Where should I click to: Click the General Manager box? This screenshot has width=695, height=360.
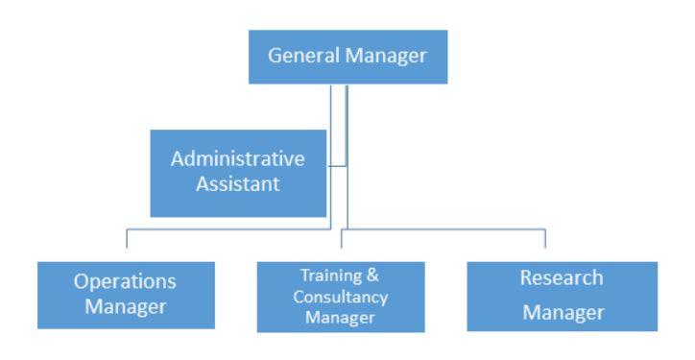click(x=347, y=57)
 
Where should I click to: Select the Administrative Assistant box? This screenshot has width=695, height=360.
click(x=238, y=174)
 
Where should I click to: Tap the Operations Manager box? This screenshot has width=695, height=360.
click(x=127, y=296)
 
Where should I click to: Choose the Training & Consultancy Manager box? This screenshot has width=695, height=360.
click(x=341, y=297)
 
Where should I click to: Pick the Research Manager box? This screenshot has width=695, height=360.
click(x=563, y=296)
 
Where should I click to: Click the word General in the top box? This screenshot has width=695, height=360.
click(x=304, y=56)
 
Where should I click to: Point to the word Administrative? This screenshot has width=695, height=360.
click(x=238, y=158)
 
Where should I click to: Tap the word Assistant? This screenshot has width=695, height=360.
click(x=238, y=183)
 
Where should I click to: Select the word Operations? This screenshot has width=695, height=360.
click(x=125, y=282)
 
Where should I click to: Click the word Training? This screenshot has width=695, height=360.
click(x=332, y=276)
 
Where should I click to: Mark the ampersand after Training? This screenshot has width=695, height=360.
click(x=372, y=275)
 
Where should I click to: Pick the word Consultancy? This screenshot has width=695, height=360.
click(x=341, y=298)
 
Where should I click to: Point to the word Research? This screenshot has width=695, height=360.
click(x=562, y=278)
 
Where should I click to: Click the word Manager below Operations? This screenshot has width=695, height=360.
click(x=126, y=307)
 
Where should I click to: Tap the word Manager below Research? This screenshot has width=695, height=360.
click(x=563, y=313)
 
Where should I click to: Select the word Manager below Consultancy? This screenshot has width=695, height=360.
click(x=341, y=318)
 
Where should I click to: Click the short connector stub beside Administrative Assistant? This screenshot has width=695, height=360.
click(x=337, y=166)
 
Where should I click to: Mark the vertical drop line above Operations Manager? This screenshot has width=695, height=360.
click(x=127, y=238)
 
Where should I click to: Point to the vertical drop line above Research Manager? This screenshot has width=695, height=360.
click(x=545, y=238)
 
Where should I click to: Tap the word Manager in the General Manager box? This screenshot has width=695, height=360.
click(x=386, y=57)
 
